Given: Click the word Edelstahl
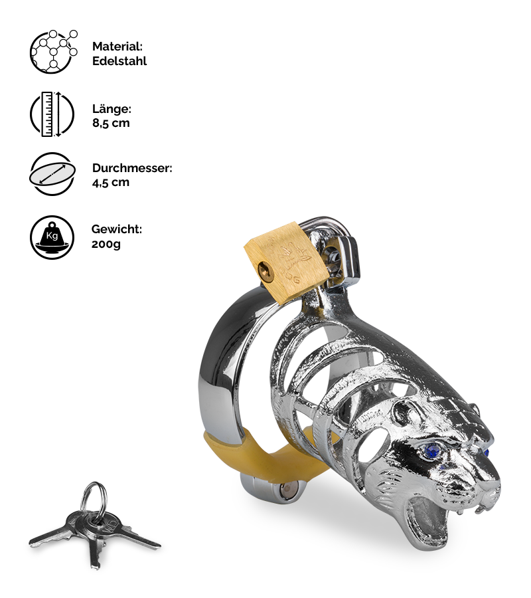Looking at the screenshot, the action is (x=119, y=61).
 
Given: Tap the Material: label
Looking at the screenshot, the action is (x=117, y=47).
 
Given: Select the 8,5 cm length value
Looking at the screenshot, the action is (x=111, y=123).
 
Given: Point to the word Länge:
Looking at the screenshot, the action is (x=112, y=109).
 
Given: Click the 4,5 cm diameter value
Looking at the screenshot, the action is (x=111, y=182).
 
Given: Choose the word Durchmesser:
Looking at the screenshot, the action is (x=132, y=168).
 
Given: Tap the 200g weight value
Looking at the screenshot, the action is (x=106, y=244).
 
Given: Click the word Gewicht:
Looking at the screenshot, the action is (x=117, y=229).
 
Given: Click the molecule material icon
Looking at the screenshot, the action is (x=53, y=52).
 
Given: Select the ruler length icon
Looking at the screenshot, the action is (x=52, y=114).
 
